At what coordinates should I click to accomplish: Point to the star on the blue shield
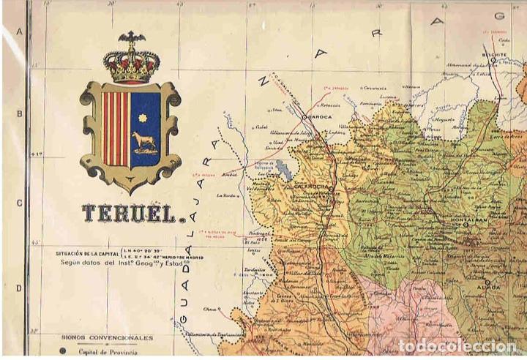143,117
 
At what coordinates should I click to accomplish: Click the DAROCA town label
320,116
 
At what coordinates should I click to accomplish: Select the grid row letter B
20,115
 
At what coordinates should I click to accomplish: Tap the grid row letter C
20,203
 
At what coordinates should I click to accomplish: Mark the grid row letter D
20,288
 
